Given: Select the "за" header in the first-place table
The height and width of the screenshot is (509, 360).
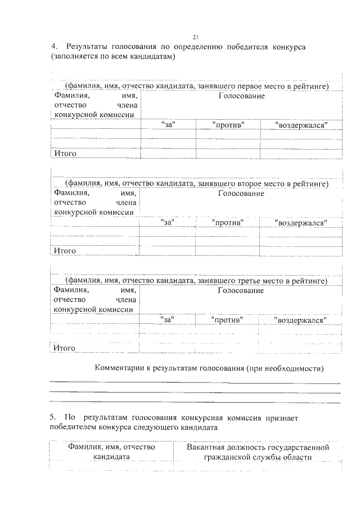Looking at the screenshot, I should (168, 125).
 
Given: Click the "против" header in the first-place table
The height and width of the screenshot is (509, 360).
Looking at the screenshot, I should (228, 125).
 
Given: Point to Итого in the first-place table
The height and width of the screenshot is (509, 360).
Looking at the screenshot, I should (65, 153).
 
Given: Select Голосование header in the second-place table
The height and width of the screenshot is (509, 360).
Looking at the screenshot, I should (241, 193).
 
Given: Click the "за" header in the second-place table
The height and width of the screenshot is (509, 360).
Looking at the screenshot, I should (168, 223).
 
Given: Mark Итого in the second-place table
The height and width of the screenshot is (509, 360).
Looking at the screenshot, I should (65, 251).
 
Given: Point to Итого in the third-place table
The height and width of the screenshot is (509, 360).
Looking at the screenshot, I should (65, 348).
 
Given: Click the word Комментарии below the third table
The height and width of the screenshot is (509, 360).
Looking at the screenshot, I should (119, 368).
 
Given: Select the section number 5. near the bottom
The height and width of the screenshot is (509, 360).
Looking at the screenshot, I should (53, 418).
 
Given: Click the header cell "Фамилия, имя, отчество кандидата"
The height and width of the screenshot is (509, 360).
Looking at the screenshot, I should (111, 452).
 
